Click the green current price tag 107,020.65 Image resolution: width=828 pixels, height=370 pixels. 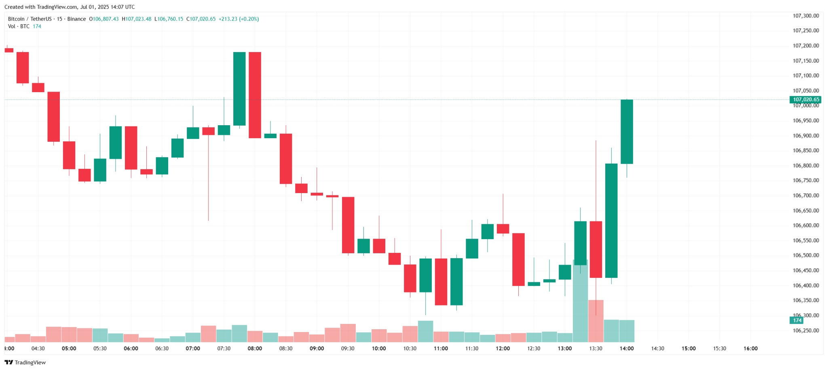click(806, 99)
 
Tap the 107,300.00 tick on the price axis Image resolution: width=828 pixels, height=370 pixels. click(806, 16)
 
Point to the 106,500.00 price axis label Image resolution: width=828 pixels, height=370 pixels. click(806, 255)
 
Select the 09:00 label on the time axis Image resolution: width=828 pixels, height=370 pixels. click(317, 349)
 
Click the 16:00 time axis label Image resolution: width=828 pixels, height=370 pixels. click(750, 349)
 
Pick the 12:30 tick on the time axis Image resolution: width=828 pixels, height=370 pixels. click(534, 349)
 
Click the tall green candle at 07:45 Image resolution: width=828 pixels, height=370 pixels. click(239, 89)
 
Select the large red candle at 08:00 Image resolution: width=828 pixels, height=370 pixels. click(255, 95)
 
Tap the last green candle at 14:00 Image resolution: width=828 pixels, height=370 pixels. click(627, 132)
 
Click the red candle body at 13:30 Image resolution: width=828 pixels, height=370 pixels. click(596, 249)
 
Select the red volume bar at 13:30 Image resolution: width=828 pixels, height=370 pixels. click(596, 321)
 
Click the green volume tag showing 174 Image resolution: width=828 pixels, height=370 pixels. click(797, 320)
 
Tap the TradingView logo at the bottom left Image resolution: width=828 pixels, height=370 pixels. click(25, 362)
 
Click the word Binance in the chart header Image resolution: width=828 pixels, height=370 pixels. click(76, 19)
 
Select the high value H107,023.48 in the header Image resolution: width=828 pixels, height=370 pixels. click(137, 19)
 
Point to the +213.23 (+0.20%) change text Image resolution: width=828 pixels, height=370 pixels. click(239, 19)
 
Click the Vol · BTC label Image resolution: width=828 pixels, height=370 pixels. click(19, 26)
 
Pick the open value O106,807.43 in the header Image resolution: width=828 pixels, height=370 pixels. click(104, 19)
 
